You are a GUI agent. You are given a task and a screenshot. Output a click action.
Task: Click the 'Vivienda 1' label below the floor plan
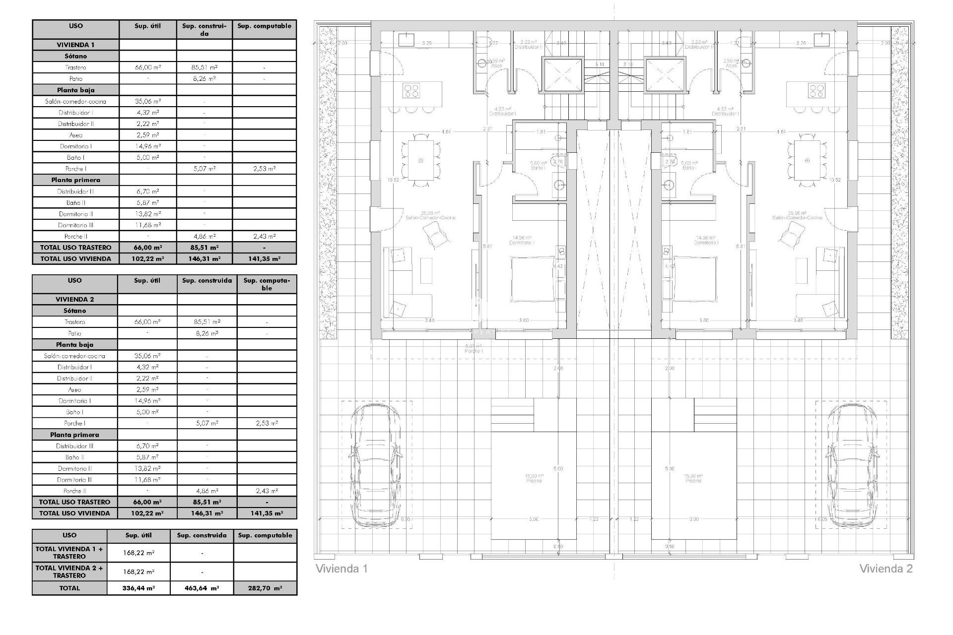[x=341, y=569]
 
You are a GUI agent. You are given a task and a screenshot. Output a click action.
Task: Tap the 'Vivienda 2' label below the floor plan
[x=885, y=569]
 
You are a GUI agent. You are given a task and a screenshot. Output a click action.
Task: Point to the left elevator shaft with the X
[x=562, y=75]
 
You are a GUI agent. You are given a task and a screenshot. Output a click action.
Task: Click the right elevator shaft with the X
[x=665, y=75]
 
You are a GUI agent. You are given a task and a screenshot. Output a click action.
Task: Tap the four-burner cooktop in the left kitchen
[x=411, y=90]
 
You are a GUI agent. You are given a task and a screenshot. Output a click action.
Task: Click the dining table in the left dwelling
[x=421, y=161]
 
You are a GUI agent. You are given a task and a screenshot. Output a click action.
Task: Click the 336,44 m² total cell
[x=138, y=588]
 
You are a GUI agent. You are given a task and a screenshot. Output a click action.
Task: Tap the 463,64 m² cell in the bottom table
[x=202, y=588]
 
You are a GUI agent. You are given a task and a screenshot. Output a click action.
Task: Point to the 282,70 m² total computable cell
[x=265, y=588]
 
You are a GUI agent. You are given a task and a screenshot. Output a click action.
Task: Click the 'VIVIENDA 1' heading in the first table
[x=75, y=45]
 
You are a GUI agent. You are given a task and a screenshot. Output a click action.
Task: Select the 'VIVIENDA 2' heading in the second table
[x=74, y=299]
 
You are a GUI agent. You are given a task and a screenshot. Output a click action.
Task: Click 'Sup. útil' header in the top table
[x=148, y=26]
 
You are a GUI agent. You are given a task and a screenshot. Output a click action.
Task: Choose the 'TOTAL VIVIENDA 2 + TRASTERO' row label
[x=69, y=571]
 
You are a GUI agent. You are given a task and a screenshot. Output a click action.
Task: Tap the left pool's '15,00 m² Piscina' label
[x=534, y=478]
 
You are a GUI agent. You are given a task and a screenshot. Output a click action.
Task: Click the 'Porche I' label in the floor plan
[x=474, y=348]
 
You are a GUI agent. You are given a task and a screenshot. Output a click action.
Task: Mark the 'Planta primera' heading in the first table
[x=75, y=180]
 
